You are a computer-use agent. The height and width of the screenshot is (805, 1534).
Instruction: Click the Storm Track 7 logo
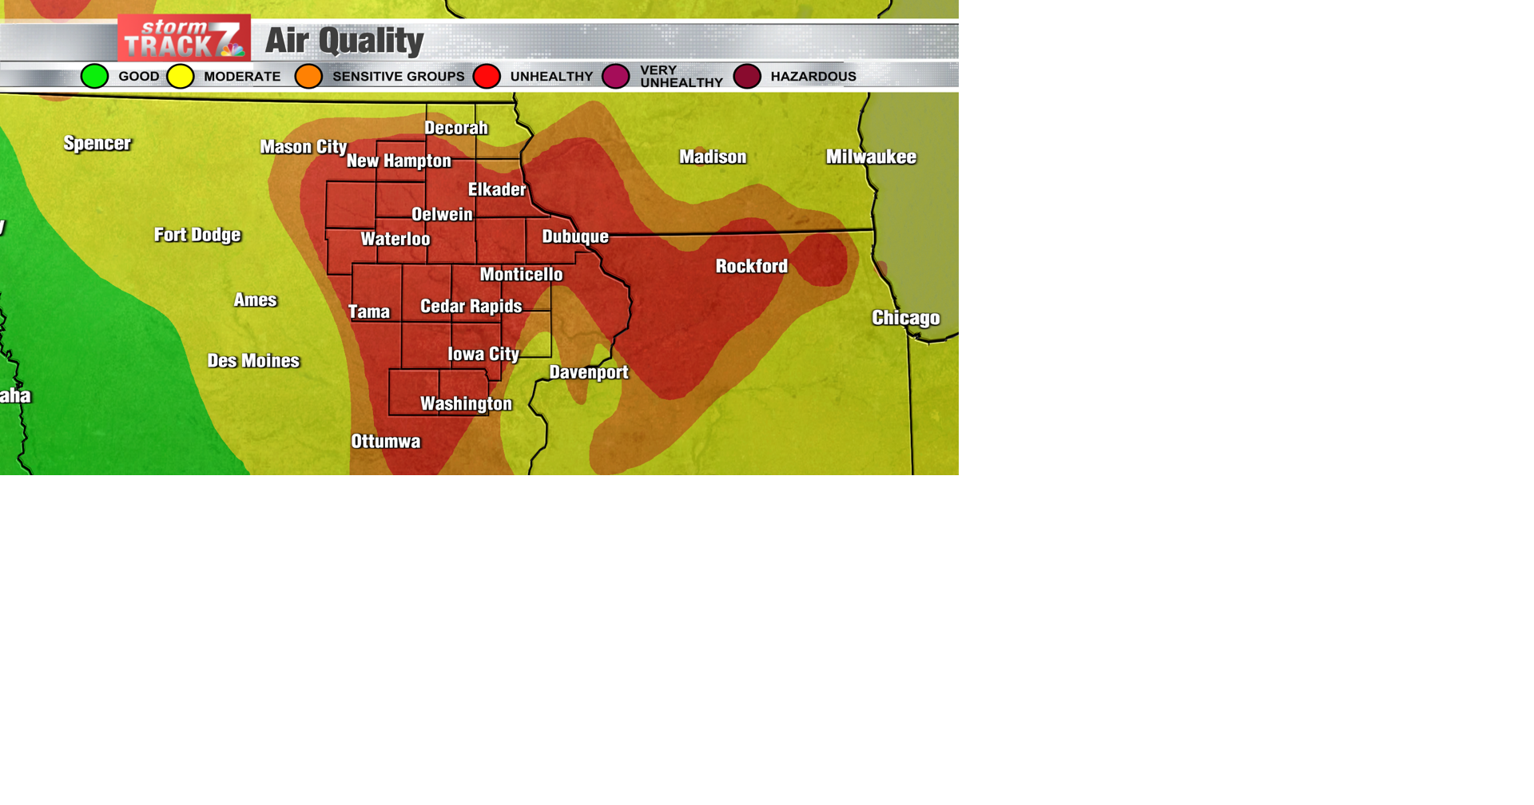(184, 38)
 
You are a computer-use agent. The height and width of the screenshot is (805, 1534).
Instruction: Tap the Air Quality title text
(344, 41)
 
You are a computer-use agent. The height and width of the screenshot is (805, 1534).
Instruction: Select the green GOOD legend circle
(94, 77)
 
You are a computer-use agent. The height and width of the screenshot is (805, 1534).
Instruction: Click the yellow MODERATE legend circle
(181, 77)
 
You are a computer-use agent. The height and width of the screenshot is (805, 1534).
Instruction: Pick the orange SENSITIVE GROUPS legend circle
(308, 77)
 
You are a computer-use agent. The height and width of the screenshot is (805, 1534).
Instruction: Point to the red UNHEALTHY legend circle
(487, 77)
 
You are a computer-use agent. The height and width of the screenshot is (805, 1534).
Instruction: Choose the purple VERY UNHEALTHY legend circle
(616, 77)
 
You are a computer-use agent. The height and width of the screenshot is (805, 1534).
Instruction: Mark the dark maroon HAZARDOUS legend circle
(747, 77)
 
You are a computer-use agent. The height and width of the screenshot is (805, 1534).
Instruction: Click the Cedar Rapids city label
(471, 307)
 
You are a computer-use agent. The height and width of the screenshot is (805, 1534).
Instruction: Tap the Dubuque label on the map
(575, 237)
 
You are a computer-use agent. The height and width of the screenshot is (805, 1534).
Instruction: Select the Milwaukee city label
(871, 157)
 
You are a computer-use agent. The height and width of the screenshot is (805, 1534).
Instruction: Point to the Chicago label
(905, 319)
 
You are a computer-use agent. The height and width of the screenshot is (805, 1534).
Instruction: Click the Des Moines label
(253, 361)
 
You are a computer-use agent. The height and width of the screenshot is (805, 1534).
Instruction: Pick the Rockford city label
(751, 267)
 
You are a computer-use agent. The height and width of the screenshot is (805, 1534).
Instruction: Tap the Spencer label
(97, 144)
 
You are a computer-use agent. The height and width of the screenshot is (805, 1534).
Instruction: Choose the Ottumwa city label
(385, 442)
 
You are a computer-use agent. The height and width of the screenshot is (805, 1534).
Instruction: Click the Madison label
(713, 157)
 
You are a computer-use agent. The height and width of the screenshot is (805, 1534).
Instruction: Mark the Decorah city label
(455, 129)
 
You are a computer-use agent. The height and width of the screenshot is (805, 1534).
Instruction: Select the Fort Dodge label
(197, 235)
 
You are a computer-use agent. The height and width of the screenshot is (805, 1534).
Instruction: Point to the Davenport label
(589, 373)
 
